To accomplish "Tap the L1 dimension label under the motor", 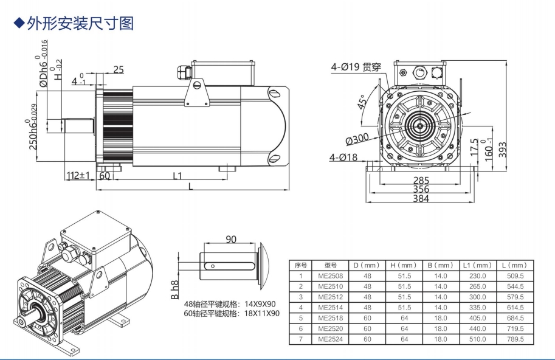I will click(178, 176).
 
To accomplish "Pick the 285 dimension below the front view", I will click(421, 181).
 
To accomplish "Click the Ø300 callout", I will click(357, 140).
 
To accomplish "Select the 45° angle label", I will click(364, 102).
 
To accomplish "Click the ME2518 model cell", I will click(331, 316).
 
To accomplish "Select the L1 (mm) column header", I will click(479, 266).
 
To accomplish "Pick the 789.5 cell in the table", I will click(516, 338).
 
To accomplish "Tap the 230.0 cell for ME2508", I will click(479, 276).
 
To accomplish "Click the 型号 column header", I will click(331, 266).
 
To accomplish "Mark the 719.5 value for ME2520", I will click(516, 327).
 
